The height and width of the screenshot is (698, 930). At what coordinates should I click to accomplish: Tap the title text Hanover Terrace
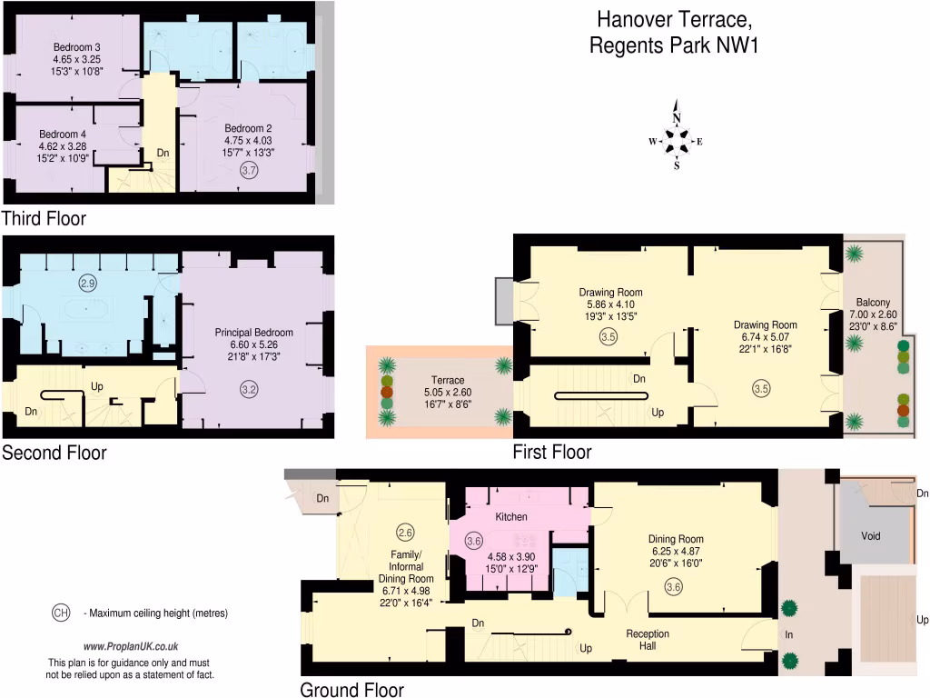[x=674, y=19]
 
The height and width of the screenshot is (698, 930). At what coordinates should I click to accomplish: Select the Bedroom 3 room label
[x=76, y=47]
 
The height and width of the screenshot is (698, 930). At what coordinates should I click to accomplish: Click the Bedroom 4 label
[x=62, y=134]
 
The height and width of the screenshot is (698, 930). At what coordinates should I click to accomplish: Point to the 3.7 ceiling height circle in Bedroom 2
[x=248, y=170]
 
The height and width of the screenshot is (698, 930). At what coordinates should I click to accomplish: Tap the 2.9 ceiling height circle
[x=87, y=284]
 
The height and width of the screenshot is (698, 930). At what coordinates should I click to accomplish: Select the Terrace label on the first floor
[x=448, y=380]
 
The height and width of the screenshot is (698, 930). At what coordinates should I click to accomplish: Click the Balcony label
[x=873, y=303]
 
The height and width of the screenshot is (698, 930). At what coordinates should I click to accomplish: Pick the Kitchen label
[x=510, y=516]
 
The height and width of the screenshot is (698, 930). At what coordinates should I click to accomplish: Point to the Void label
[x=870, y=535]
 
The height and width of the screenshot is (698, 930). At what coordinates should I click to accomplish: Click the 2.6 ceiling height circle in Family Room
[x=405, y=532]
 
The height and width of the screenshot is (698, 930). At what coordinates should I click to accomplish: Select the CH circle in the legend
[x=61, y=613]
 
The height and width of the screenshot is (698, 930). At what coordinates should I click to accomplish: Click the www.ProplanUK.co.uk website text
[x=130, y=646]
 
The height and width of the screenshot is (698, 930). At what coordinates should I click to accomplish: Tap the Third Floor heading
[x=44, y=218]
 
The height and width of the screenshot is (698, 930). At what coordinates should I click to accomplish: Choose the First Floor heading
[x=551, y=452]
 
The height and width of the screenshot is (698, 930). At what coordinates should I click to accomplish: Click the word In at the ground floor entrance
[x=789, y=634]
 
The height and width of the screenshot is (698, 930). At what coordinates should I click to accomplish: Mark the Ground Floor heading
[x=351, y=690]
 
